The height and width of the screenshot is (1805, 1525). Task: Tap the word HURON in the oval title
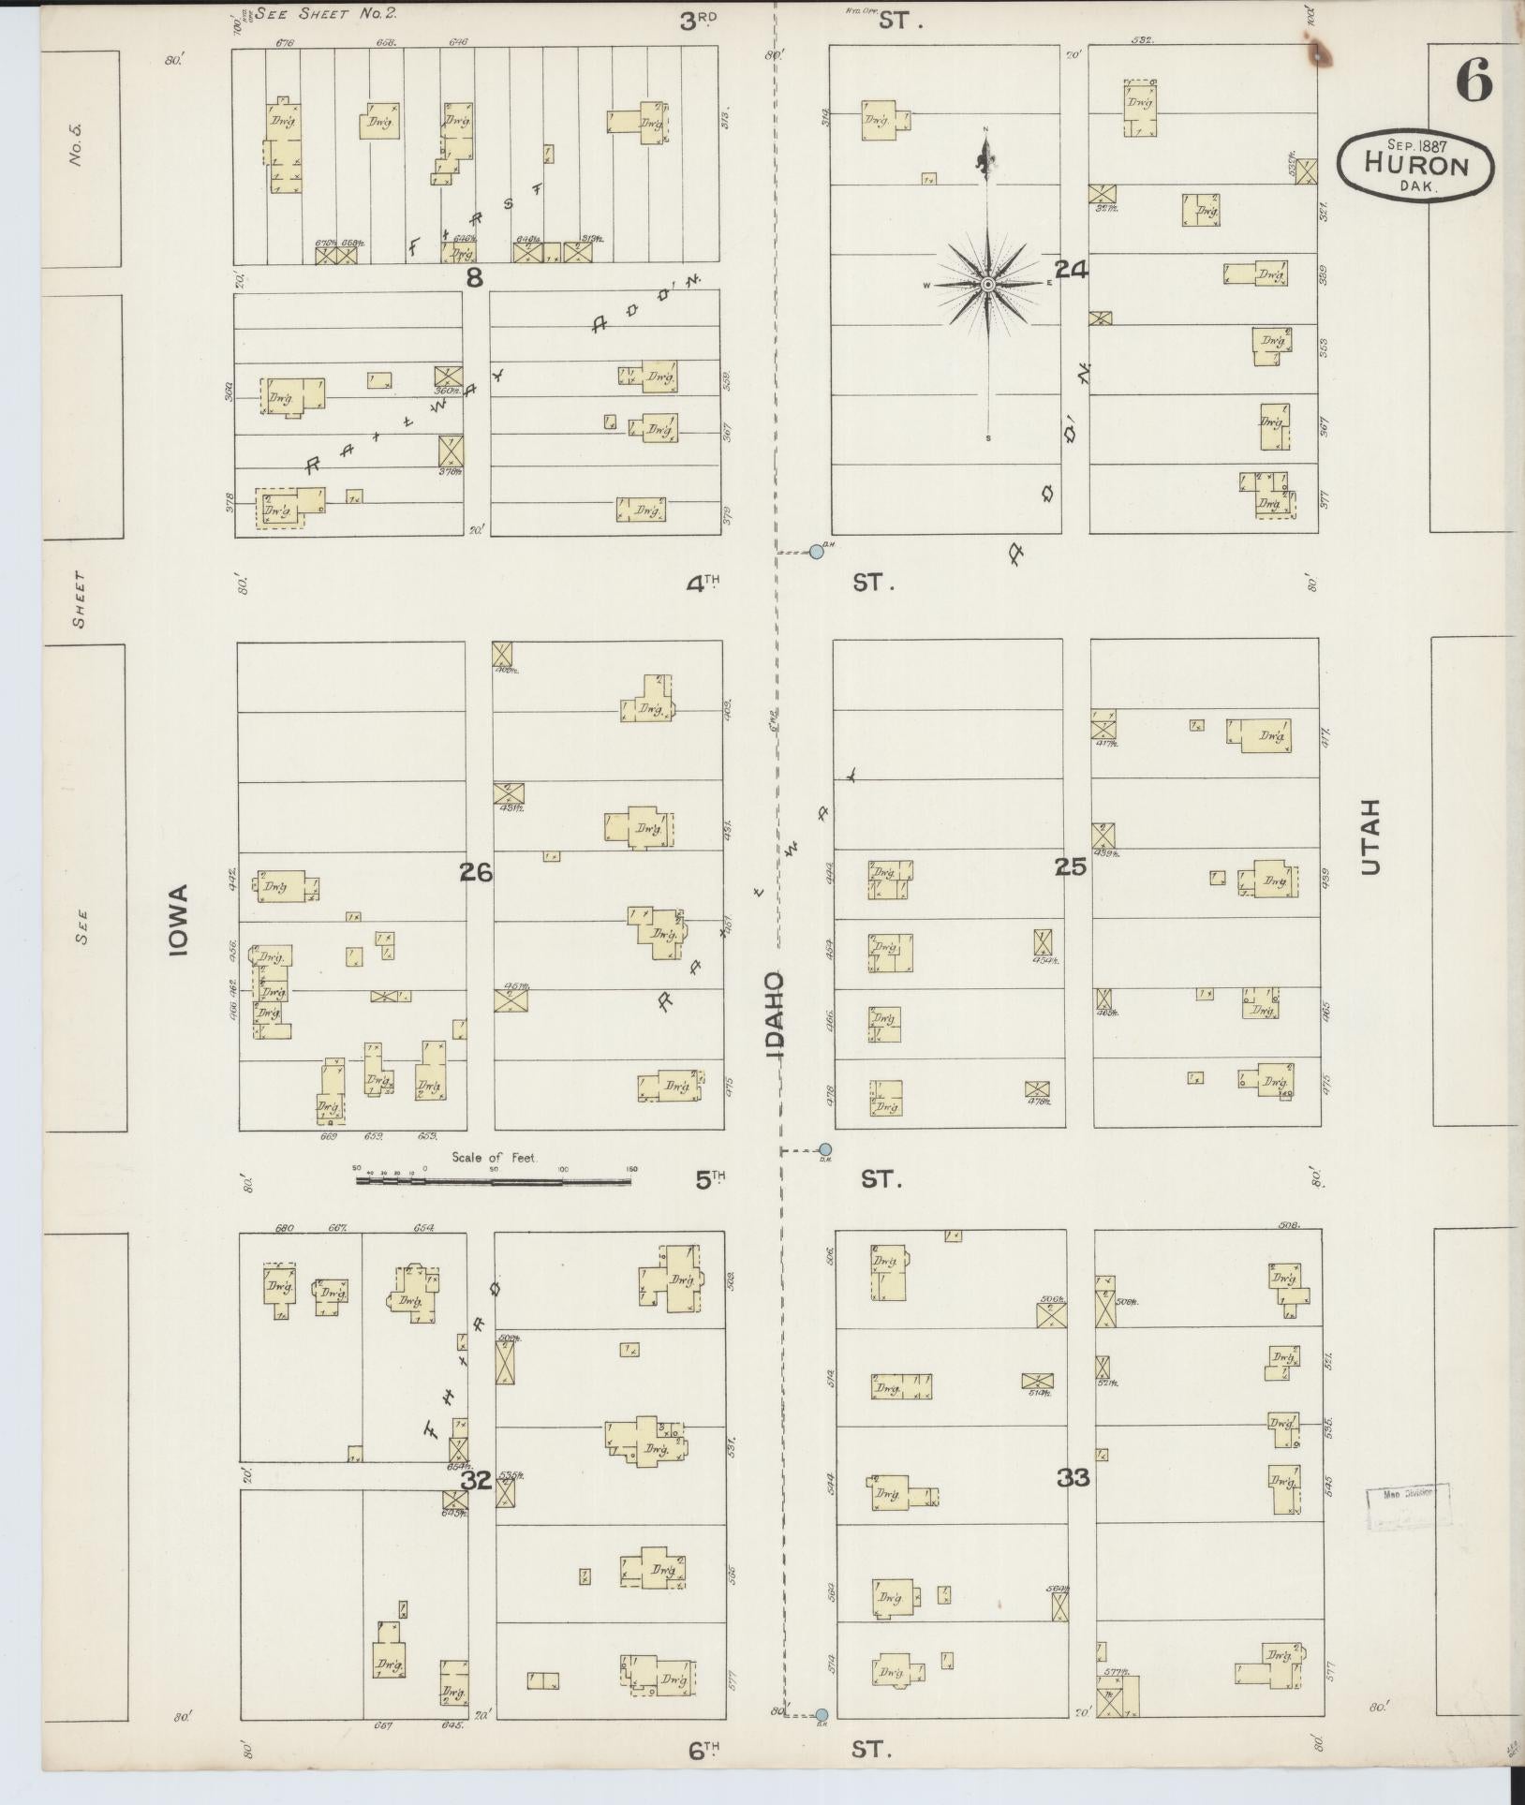[x=1414, y=165]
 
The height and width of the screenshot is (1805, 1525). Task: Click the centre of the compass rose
[x=987, y=284]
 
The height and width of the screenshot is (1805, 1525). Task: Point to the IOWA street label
[x=179, y=919]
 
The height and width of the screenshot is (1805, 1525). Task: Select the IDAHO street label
[x=776, y=1015]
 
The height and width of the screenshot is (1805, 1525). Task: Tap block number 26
[x=476, y=872]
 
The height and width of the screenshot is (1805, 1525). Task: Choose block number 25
[x=1071, y=867]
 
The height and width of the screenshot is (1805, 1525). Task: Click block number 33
[x=1073, y=1478]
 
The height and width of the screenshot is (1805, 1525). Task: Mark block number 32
[x=476, y=1480]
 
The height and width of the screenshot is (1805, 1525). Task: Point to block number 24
[x=1073, y=270]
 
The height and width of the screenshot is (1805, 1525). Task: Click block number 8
[x=476, y=277]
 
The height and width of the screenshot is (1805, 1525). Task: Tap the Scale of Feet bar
[x=494, y=1181]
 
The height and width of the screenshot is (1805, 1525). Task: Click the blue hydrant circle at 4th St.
[x=816, y=553]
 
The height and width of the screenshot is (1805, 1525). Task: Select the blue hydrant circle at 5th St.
[x=824, y=1149]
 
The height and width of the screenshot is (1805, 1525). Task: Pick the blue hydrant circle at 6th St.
[x=822, y=1715]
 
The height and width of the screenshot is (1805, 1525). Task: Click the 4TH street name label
[x=703, y=584]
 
